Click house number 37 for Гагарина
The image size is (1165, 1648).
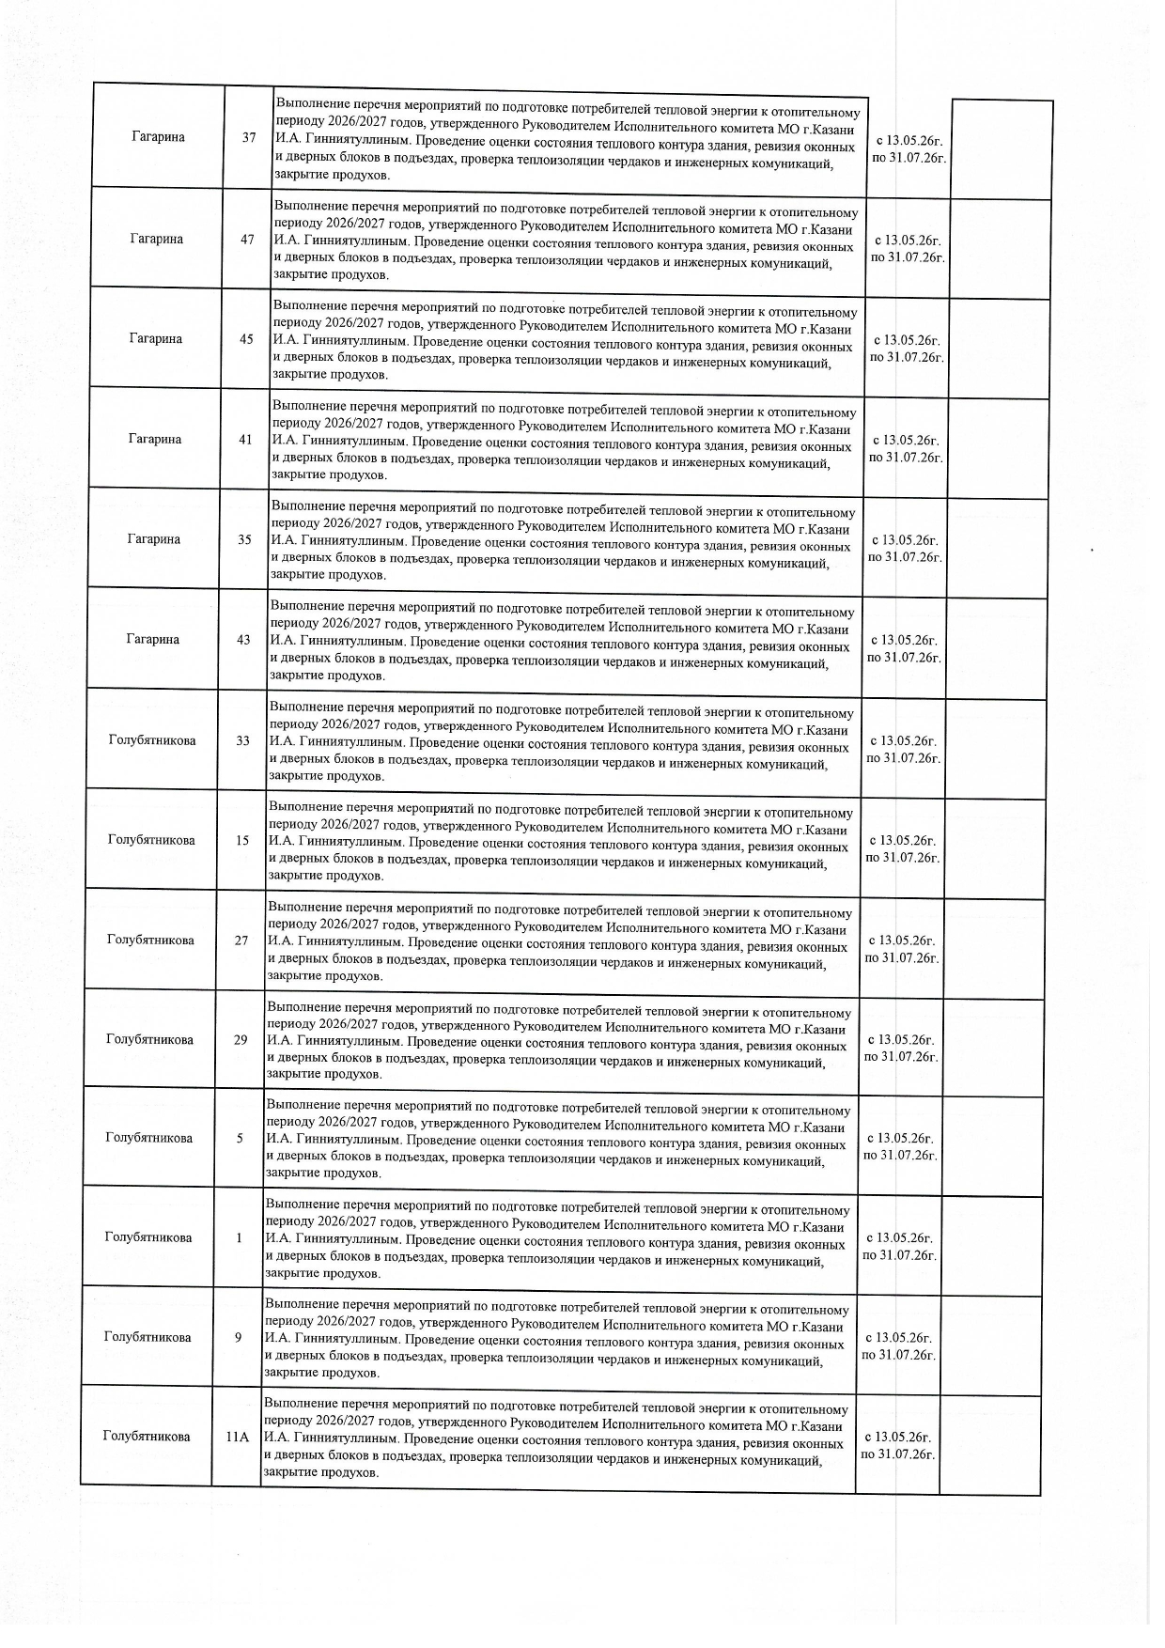click(249, 137)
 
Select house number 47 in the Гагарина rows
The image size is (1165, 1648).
click(247, 239)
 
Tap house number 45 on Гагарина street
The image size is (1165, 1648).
click(246, 339)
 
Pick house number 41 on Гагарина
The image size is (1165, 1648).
click(245, 440)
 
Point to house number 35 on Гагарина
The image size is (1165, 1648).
click(244, 539)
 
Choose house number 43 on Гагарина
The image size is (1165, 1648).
click(243, 640)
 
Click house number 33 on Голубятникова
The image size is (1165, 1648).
click(243, 740)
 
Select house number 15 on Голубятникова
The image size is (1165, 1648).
click(242, 840)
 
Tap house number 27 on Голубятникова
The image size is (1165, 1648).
click(241, 941)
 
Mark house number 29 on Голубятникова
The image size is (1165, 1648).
click(241, 1040)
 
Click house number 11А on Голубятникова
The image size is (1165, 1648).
click(237, 1437)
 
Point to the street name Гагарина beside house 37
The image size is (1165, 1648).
click(158, 137)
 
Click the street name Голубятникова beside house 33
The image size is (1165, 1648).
click(152, 740)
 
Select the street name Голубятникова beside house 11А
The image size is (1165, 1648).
click(146, 1437)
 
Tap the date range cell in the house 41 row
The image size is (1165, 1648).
click(906, 448)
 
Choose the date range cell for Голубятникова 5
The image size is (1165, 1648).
click(900, 1146)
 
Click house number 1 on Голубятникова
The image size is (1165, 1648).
click(239, 1237)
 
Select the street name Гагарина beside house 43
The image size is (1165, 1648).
click(152, 640)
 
